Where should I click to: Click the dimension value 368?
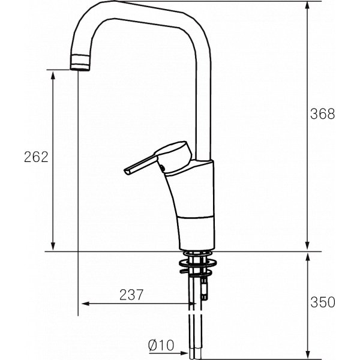(x=323, y=114)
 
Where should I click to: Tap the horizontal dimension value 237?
(x=131, y=295)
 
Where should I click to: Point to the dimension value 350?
(x=323, y=302)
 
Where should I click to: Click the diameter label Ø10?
(x=160, y=345)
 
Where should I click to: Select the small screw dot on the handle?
(x=160, y=166)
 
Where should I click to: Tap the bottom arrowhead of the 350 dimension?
(x=308, y=354)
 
